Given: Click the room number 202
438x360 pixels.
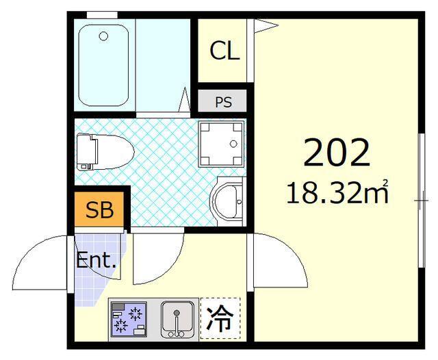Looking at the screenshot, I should click(336, 153).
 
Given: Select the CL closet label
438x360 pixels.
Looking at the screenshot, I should click(224, 51).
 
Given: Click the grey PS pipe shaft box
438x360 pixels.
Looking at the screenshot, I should click(224, 103).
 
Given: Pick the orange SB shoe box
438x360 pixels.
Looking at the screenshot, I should click(99, 210).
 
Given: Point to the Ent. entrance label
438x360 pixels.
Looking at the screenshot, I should click(96, 261).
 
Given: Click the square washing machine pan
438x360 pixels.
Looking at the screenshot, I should click(221, 144).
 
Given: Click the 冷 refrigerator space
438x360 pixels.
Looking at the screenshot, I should click(220, 318).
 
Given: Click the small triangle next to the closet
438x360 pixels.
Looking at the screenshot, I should click(266, 26).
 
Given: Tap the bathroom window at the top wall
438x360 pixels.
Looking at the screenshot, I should click(103, 14).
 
